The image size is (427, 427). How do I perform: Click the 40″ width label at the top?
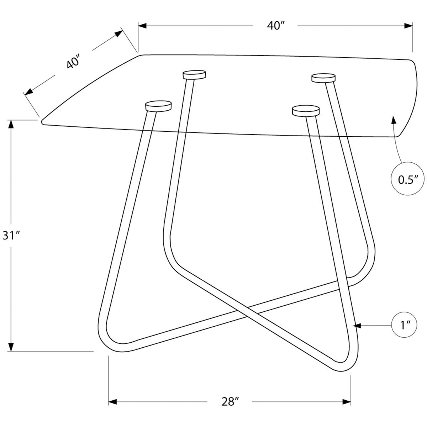pyautogui.click(x=275, y=26)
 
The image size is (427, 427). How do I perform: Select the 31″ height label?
pyautogui.click(x=10, y=235)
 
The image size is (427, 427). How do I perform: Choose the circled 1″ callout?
pyautogui.click(x=406, y=325)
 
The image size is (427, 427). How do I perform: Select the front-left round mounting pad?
pyautogui.click(x=158, y=106)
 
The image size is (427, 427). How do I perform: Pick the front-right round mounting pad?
pyautogui.click(x=305, y=110)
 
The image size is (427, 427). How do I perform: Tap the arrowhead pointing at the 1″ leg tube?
pyautogui.click(x=357, y=325)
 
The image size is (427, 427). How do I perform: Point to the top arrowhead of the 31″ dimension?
pyautogui.click(x=11, y=125)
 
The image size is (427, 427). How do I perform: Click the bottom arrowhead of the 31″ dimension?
pyautogui.click(x=11, y=347)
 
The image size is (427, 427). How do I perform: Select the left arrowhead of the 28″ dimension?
pyautogui.click(x=113, y=402)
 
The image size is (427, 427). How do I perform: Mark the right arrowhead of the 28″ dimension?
pyautogui.click(x=346, y=402)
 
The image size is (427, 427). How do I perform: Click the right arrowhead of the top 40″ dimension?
pyautogui.click(x=408, y=26)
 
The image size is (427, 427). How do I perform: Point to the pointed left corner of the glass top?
pyautogui.click(x=43, y=122)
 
